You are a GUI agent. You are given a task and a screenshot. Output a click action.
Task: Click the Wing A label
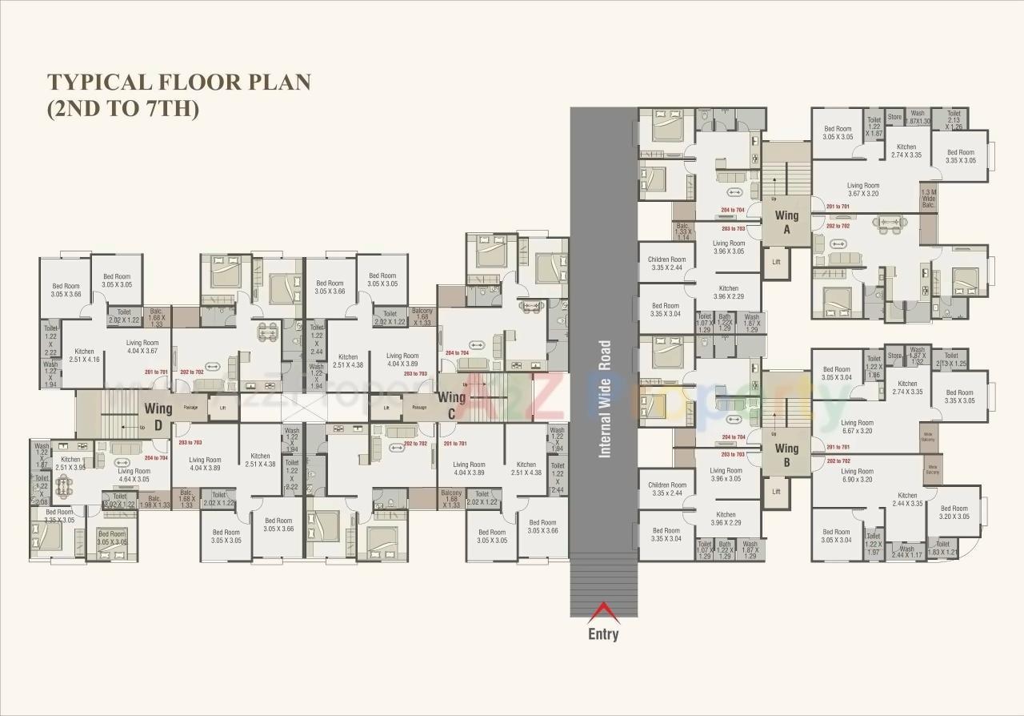tap(786, 222)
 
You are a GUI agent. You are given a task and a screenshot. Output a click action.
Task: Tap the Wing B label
tap(786, 455)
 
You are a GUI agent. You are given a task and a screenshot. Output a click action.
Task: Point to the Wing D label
tap(158, 416)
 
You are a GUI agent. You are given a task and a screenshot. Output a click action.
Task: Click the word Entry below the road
tap(603, 634)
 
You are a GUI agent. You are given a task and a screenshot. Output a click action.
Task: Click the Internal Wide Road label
tap(605, 399)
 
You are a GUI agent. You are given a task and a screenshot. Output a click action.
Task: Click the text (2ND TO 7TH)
tap(122, 109)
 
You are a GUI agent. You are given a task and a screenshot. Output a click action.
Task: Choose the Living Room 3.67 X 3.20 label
tap(863, 189)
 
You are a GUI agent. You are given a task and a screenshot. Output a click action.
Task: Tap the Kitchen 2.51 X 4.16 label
tap(84, 356)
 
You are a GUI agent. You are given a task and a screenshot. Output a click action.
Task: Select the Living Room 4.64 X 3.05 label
tap(134, 475)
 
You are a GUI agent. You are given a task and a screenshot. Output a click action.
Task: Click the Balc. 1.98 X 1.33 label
tap(154, 501)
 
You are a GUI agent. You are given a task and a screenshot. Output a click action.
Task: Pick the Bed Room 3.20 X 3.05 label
tap(954, 513)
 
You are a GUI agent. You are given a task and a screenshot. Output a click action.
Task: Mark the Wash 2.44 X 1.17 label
tap(906, 553)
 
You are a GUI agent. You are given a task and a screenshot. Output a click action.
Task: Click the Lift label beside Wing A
tap(775, 262)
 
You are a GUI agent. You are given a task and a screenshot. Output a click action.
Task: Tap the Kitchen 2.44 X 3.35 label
tap(906, 500)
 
